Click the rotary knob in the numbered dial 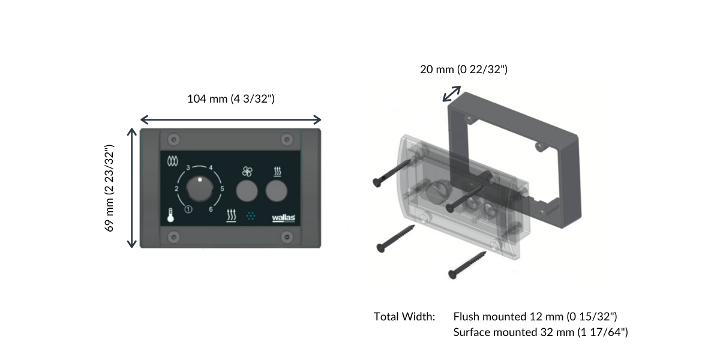pyautogui.click(x=199, y=189)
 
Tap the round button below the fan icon pyautogui.click(x=247, y=191)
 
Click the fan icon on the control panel pyautogui.click(x=247, y=172)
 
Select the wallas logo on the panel pyautogui.click(x=283, y=218)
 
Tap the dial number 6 pyautogui.click(x=211, y=209)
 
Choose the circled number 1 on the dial pyautogui.click(x=188, y=209)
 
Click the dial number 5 pyautogui.click(x=223, y=189)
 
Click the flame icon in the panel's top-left pyautogui.click(x=173, y=161)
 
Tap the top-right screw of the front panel pyautogui.click(x=287, y=139)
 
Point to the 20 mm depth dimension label pyautogui.click(x=464, y=70)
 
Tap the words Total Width pyautogui.click(x=404, y=316)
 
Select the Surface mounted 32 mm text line pyautogui.click(x=541, y=332)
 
